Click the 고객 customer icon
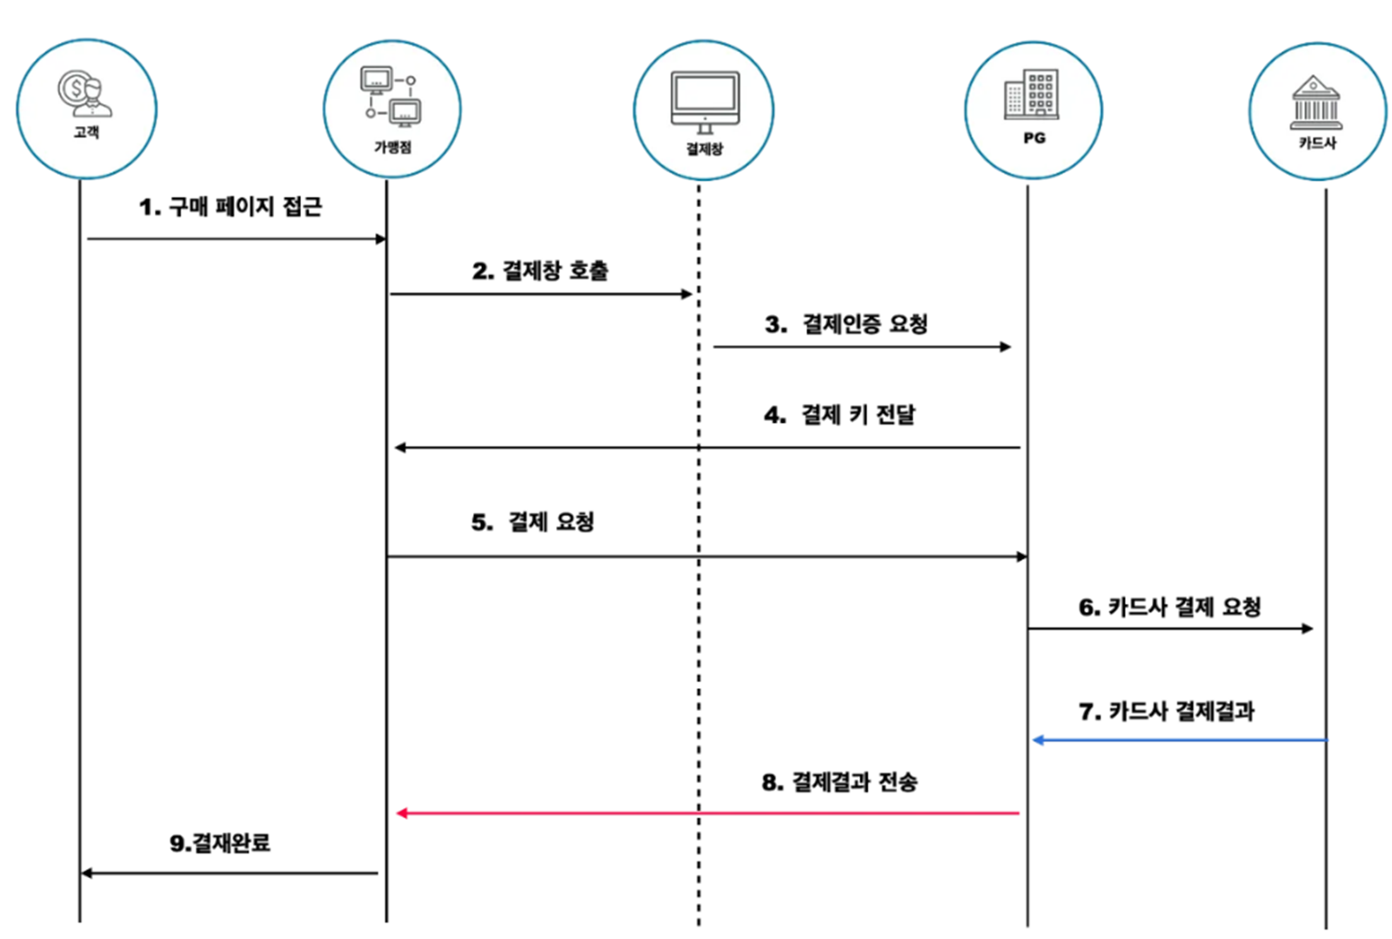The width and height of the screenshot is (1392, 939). pos(85,94)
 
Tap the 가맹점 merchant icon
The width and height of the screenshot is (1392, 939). pos(391,95)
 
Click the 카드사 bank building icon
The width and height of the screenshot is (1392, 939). pos(1315,103)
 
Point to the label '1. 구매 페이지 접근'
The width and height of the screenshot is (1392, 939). pos(231,207)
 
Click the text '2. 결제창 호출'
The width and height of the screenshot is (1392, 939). pos(540,271)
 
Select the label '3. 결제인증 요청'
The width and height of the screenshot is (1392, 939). pos(847,325)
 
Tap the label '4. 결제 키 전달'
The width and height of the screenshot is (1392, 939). pos(840,414)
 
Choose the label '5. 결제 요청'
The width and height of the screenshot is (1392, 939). pos(532,522)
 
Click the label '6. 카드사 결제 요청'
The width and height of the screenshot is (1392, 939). pos(1169,607)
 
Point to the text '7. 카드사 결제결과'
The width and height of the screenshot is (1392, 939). pos(1166,711)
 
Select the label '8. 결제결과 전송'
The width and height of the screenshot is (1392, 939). pos(840,781)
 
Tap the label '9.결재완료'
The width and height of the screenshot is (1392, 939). pos(220,842)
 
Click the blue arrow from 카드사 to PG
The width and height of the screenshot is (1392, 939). pos(1180,741)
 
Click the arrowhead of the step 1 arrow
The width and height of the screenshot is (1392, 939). pos(380,238)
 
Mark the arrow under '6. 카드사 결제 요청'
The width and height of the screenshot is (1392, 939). pos(1169,628)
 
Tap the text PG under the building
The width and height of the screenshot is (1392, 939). pos(1034,138)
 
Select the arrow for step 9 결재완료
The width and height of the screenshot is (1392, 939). pos(230,873)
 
